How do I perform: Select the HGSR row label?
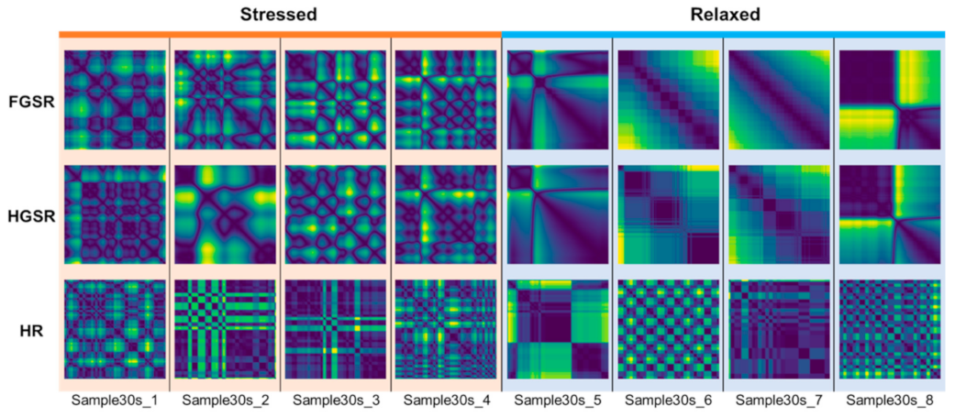(29, 214)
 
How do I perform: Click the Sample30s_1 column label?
(115, 400)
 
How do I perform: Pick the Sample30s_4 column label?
(447, 400)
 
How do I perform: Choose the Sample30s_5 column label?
(557, 400)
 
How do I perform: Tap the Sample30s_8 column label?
(889, 400)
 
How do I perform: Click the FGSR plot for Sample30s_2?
(225, 100)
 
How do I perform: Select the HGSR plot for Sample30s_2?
(225, 214)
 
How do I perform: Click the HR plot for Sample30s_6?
(668, 329)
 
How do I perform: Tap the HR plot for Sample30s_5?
(557, 329)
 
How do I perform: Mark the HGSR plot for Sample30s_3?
(336, 214)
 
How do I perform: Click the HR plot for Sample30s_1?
(115, 329)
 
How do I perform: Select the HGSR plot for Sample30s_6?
(668, 214)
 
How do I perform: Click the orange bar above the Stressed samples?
(280, 35)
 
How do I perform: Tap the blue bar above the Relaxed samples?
(724, 35)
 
